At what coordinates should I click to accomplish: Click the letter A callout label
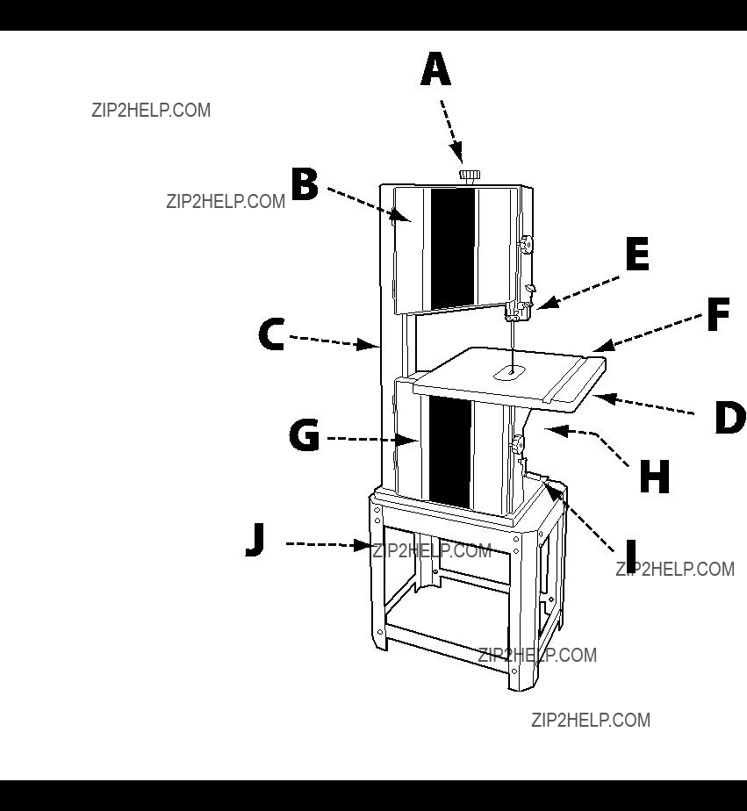tap(435, 68)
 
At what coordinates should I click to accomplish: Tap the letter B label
tap(305, 184)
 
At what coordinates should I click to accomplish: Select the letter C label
tap(271, 334)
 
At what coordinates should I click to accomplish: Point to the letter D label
tap(730, 418)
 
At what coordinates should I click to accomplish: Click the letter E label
tap(637, 254)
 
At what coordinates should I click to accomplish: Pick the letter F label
tap(718, 314)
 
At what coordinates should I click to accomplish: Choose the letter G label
tap(305, 435)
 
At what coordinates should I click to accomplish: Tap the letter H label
tap(655, 477)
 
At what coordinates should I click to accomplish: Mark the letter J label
tap(255, 540)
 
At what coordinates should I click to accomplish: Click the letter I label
tap(630, 556)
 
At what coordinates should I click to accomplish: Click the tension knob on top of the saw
tap(470, 176)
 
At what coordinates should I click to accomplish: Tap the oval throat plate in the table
tap(510, 372)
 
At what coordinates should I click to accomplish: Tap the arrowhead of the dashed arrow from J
tap(362, 545)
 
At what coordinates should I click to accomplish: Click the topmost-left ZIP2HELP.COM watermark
tap(151, 111)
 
